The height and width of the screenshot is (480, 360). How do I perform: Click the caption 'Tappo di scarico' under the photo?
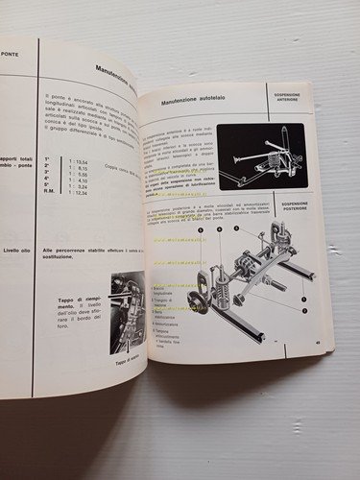point(124,362)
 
